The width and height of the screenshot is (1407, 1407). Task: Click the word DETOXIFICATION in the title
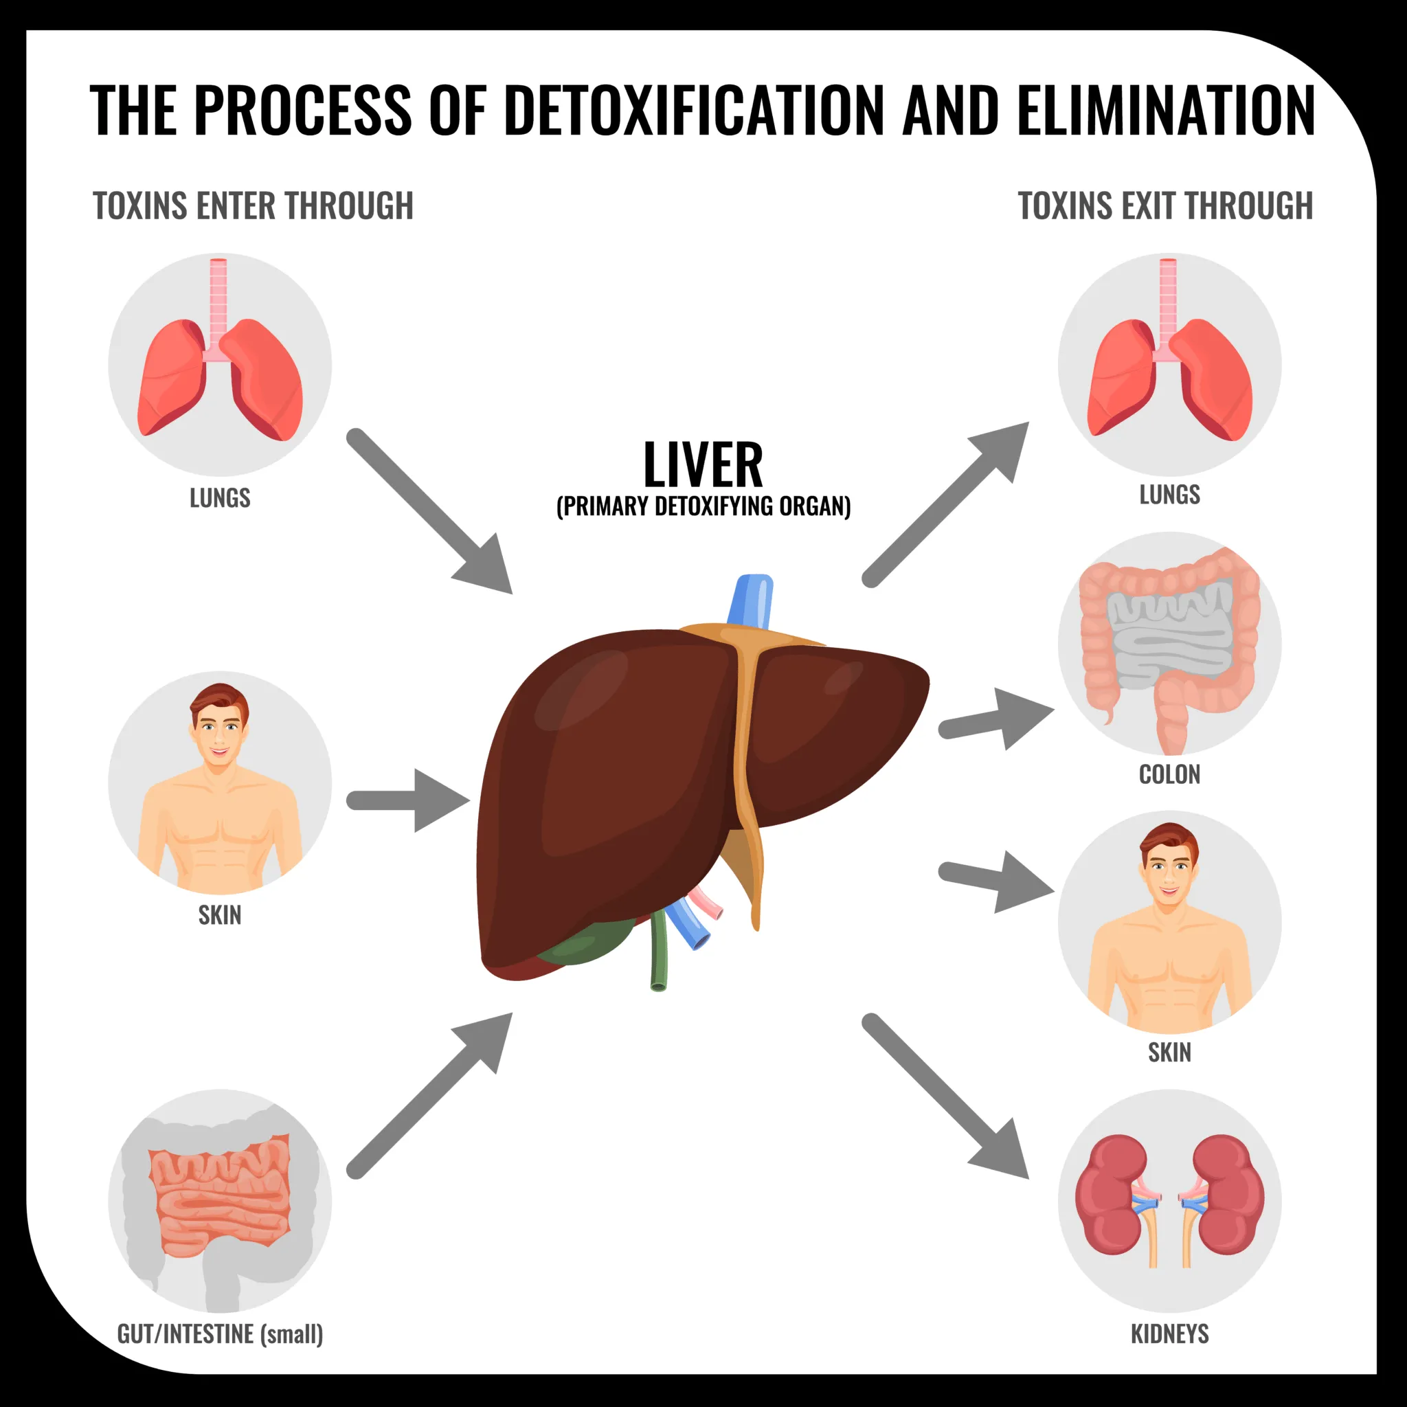pos(693,111)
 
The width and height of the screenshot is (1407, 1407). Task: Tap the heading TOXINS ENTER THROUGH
pos(253,206)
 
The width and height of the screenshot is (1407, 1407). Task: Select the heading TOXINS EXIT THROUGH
pos(1164,206)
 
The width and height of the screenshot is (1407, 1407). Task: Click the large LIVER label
pos(703,465)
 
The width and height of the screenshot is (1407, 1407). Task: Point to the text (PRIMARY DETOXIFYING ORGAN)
pos(703,507)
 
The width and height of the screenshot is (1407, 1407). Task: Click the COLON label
pos(1169,774)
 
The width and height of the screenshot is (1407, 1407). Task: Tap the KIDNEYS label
pos(1169,1333)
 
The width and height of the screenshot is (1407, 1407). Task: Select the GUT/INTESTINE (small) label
pos(220,1333)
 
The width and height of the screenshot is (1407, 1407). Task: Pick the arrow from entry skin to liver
pos(408,800)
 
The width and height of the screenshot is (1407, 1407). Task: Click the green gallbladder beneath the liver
pos(590,944)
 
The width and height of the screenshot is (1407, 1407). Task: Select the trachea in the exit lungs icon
pos(1167,299)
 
